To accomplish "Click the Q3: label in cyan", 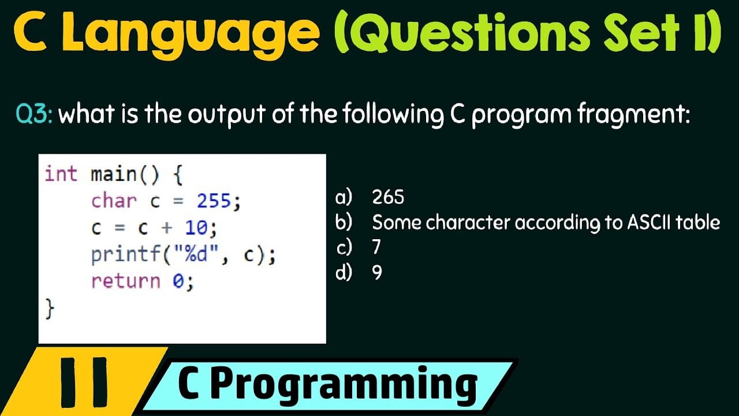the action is tap(34, 114).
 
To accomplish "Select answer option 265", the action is tap(388, 197).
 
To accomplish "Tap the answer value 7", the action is tap(376, 247).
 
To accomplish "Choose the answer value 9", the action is tap(377, 273).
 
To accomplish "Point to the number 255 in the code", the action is tap(214, 200).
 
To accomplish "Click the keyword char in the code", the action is tap(114, 200).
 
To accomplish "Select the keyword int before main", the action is tap(61, 174).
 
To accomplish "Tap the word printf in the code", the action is tap(125, 255).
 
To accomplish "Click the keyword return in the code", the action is tap(126, 281).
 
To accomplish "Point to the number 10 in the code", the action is tap(197, 228).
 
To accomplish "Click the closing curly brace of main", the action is tap(50, 309).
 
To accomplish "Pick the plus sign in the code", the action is tap(167, 228).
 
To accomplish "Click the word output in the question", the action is tap(227, 114).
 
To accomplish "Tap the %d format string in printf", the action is tap(196, 255).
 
